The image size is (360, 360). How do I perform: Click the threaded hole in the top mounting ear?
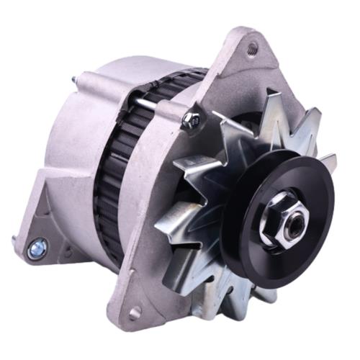(x=252, y=49)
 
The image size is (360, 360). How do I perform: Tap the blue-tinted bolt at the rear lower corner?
(x=36, y=251)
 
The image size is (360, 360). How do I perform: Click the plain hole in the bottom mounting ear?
(x=134, y=313)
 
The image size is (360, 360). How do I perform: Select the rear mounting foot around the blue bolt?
(x=43, y=238)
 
